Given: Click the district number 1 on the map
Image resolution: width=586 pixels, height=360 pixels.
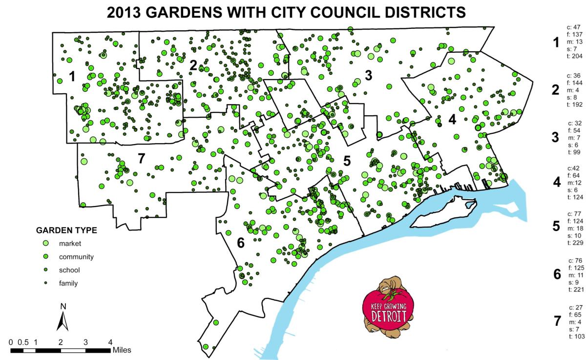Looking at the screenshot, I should (x=72, y=76).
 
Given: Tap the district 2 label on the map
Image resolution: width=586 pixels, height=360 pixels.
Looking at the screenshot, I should (x=193, y=65).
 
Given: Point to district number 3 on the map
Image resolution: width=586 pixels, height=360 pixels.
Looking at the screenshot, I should (x=368, y=75).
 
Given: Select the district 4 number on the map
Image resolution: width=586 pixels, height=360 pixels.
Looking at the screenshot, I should (x=452, y=120).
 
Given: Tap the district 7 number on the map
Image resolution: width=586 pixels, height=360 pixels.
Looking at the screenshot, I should (x=142, y=158).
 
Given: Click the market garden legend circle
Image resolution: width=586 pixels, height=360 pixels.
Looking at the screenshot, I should (x=46, y=243).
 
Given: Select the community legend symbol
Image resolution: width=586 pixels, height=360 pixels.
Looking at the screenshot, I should (x=46, y=256).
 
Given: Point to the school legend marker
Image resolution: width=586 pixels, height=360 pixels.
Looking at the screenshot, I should (x=46, y=270).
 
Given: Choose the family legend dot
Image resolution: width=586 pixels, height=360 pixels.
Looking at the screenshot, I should (x=46, y=283).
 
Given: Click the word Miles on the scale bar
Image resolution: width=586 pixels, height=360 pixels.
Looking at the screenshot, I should (x=122, y=350).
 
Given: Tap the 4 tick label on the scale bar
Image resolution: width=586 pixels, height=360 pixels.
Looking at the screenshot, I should (x=110, y=342).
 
